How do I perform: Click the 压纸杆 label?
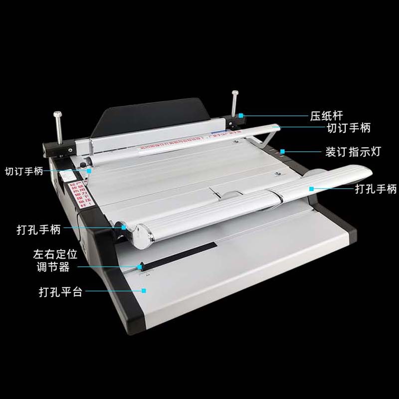click(x=323, y=116)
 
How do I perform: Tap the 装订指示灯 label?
click(x=353, y=152)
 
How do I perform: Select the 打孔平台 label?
click(x=60, y=291)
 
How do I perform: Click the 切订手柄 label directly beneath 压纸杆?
click(x=349, y=128)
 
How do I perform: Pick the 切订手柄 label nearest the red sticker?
click(x=24, y=171)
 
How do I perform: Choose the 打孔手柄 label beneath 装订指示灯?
click(x=376, y=189)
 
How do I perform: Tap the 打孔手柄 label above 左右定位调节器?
click(x=38, y=230)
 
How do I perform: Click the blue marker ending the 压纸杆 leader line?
click(x=240, y=115)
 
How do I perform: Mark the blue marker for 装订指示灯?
click(x=282, y=150)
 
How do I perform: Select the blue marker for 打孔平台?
click(x=144, y=290)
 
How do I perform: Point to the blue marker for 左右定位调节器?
click(x=140, y=266)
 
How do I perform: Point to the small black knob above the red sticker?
click(x=82, y=165)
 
